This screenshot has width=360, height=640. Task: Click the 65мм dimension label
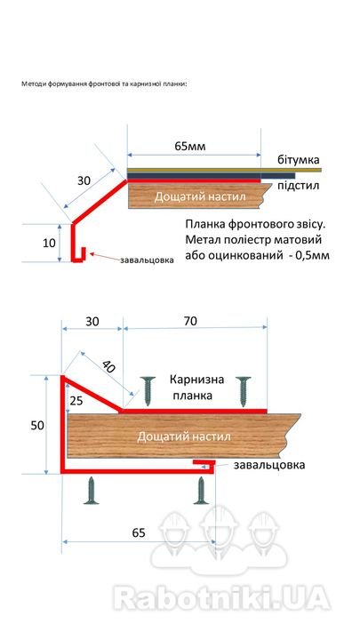coord(190,146)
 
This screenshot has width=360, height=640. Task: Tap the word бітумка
coord(300,159)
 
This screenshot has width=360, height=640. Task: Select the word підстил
coord(299,187)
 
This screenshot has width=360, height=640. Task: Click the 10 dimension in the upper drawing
coord(49,243)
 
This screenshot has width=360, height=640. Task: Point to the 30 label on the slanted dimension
coord(84,180)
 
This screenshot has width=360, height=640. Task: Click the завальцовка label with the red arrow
coord(147,260)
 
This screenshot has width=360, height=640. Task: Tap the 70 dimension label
coord(190,321)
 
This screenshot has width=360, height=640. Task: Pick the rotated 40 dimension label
coord(109,365)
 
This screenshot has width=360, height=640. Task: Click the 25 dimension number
coord(76,401)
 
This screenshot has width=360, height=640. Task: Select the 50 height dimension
coord(38,425)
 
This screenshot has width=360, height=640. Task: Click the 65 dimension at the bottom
coord(139,533)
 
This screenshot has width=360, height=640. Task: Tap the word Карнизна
coord(197,380)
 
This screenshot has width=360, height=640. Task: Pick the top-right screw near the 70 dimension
coord(244,391)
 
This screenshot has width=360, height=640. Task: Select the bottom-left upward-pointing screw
coord(91,490)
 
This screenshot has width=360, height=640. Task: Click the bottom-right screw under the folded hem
coord(201,490)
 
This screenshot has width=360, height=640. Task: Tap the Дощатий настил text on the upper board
coord(200,196)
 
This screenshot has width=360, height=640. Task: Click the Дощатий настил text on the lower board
coord(184,436)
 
